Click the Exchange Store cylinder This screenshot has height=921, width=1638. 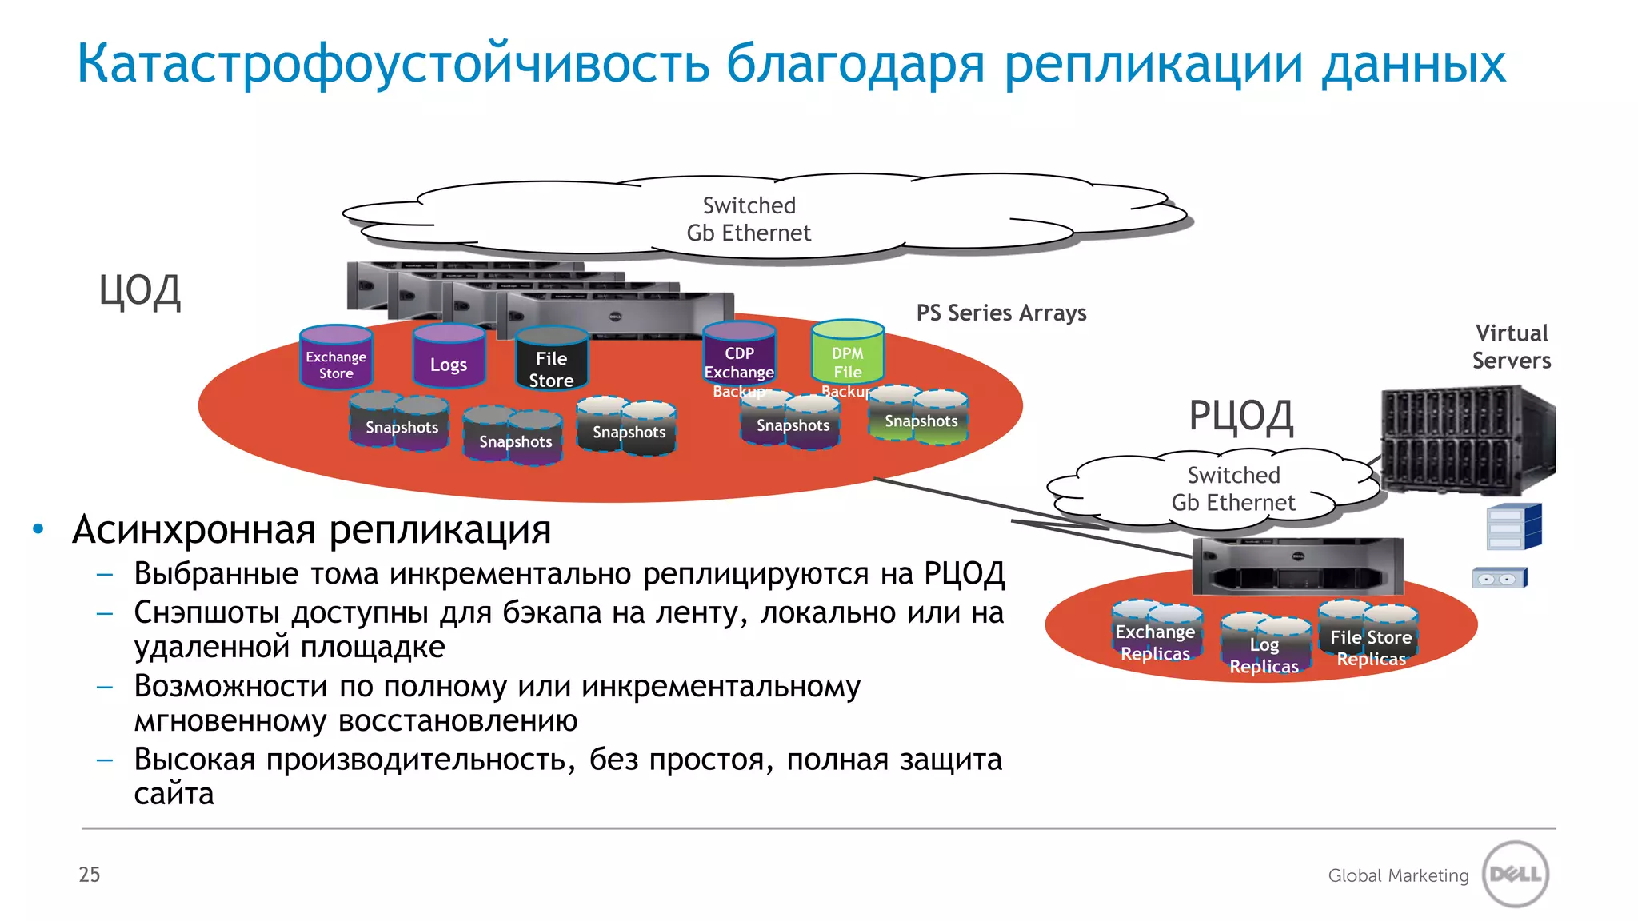336,357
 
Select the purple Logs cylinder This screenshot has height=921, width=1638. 449,357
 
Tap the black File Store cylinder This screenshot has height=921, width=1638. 552,361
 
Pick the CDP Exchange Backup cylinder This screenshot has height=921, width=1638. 739,356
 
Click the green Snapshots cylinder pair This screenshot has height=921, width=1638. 919,416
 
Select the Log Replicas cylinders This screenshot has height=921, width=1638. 1264,646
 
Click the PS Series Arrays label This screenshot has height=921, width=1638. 1001,313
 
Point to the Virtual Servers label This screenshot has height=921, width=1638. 1512,347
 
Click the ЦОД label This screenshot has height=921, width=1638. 140,292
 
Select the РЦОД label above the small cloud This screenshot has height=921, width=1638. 1240,417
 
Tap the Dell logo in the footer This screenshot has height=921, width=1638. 1516,874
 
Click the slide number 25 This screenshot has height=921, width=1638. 90,875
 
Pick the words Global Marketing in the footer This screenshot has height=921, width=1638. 1398,876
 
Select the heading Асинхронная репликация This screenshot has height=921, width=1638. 312,530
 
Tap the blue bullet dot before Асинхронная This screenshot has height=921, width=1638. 38,529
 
